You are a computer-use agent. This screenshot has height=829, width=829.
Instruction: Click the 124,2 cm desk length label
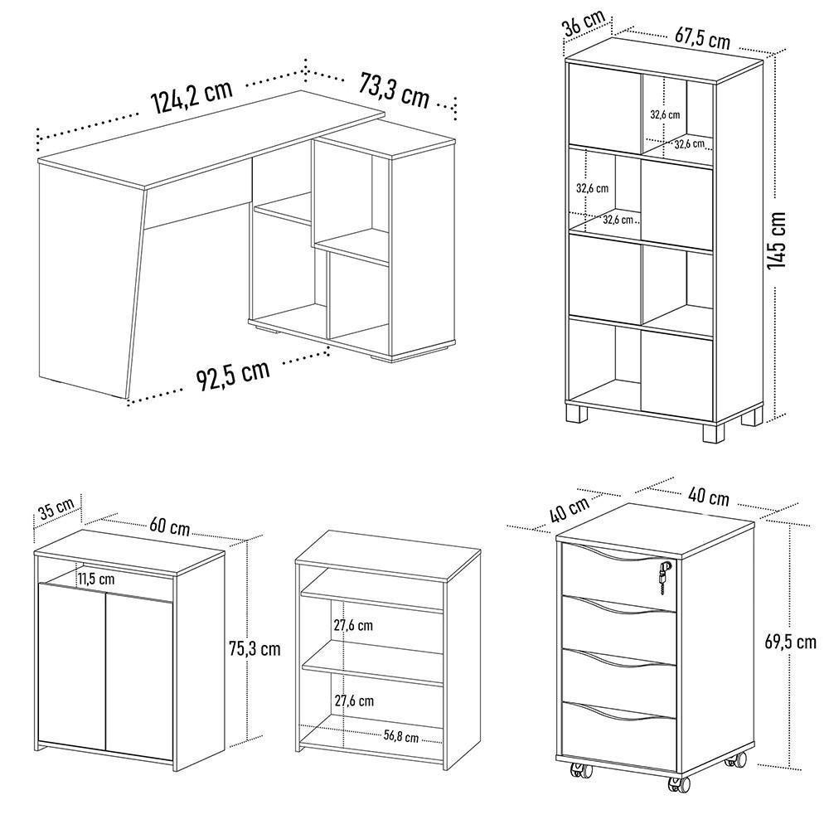pos(191,98)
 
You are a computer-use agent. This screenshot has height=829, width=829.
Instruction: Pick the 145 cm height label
pos(777,240)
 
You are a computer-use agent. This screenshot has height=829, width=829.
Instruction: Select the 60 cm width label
pos(169,526)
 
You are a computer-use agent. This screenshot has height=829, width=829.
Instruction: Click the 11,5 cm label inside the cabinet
pos(97,579)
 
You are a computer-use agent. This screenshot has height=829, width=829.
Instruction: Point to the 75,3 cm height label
pos(255,647)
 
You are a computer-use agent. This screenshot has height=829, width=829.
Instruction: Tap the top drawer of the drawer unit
pos(618,568)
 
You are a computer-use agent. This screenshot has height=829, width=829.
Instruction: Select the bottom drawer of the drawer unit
pos(618,725)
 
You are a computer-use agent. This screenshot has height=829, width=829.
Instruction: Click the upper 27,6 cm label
pos(354,626)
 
